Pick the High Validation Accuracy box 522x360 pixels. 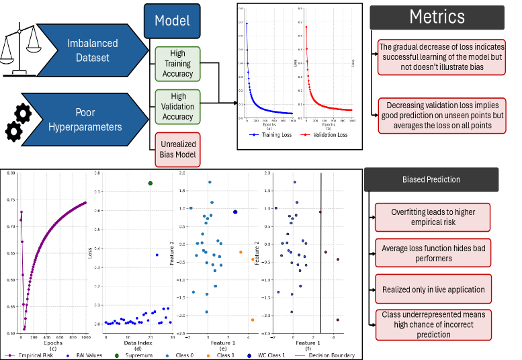click(x=177, y=106)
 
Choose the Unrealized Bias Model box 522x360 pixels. click(x=177, y=149)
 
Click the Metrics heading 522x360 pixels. click(x=437, y=16)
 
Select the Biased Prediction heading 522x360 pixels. click(x=431, y=179)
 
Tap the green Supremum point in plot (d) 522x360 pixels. click(x=150, y=183)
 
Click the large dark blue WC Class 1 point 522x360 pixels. click(x=235, y=212)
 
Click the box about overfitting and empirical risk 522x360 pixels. click(x=433, y=217)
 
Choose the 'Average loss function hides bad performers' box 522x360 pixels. click(x=433, y=253)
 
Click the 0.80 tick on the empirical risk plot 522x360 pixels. click(x=10, y=173)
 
